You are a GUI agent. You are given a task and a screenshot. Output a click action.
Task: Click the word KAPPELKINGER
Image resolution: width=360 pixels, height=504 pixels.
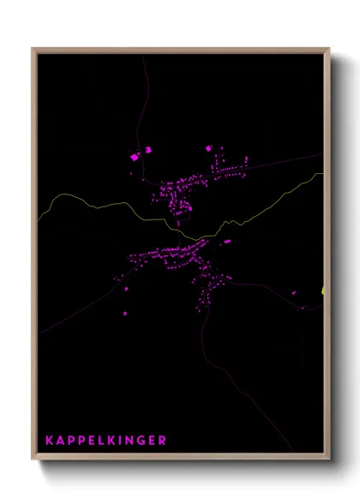tap(105, 441)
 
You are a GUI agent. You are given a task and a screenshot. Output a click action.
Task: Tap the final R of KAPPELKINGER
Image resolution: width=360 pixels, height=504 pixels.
tap(163, 441)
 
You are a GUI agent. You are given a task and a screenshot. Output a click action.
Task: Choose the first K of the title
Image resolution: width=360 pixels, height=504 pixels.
tap(50, 441)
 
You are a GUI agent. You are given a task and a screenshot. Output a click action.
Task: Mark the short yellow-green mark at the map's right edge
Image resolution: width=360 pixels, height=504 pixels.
tap(324, 291)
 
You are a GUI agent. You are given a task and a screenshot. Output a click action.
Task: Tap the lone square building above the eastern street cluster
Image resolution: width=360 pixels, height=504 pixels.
tap(208, 148)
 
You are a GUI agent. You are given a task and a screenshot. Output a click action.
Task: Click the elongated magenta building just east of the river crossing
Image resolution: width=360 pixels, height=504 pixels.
tap(227, 242)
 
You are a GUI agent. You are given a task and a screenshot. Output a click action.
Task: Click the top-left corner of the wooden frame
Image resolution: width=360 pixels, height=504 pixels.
tap(33, 49)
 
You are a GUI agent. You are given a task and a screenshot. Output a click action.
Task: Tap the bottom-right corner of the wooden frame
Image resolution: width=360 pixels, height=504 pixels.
tap(328, 459)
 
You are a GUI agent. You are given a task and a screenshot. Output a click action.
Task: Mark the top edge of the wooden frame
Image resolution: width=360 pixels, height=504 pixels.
tap(180, 49)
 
